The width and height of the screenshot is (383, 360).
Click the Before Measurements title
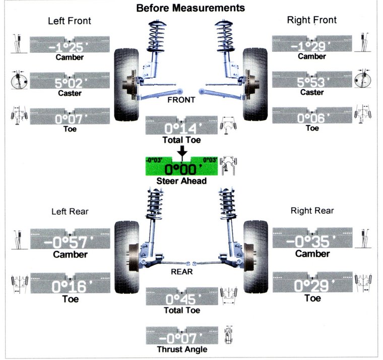click(x=190, y=8)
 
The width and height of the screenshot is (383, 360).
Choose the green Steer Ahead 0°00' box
click(x=181, y=166)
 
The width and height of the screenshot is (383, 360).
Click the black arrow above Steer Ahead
click(x=182, y=152)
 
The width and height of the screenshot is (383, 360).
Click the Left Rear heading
click(x=70, y=211)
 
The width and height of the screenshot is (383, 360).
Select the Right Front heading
click(x=311, y=20)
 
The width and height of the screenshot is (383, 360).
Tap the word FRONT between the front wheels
click(x=181, y=100)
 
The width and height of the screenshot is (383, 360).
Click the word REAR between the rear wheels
click(x=182, y=272)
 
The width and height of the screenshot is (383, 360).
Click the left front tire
click(x=126, y=85)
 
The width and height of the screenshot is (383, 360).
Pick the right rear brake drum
click(x=248, y=257)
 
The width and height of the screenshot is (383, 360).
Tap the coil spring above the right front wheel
click(x=224, y=36)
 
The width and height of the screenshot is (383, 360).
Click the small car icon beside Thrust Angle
click(x=229, y=335)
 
